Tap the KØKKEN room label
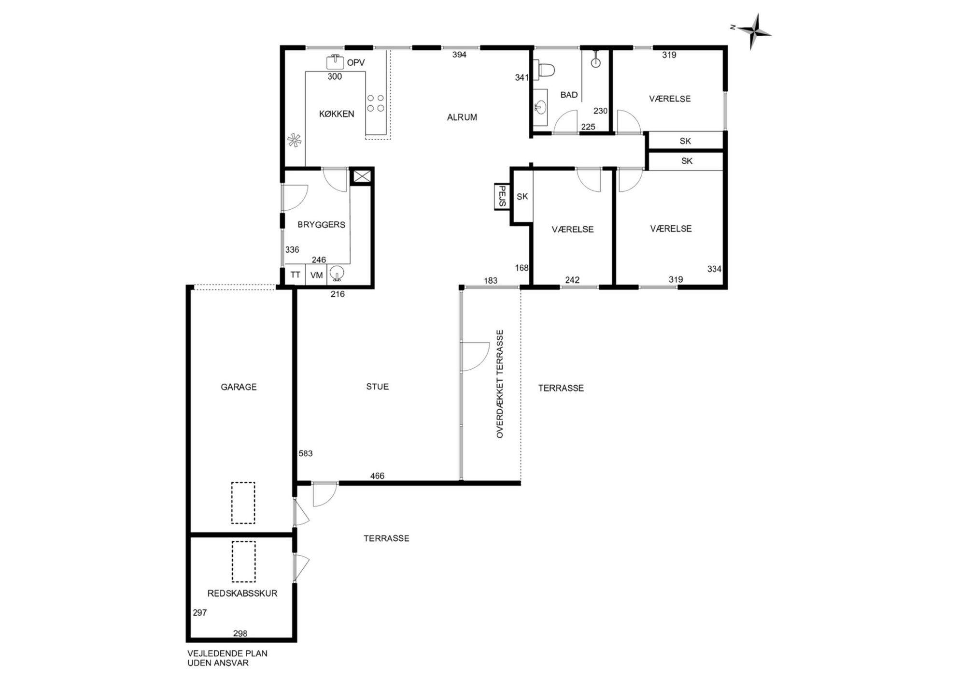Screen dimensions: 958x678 tap(337, 114)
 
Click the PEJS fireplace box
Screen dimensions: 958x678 tap(502, 196)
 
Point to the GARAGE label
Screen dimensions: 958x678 tap(239, 387)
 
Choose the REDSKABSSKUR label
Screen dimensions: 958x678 tap(242, 593)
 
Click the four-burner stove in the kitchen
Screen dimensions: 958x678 tap(376, 103)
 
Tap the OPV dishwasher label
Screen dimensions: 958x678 tap(356, 63)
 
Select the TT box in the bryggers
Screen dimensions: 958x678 tap(295, 275)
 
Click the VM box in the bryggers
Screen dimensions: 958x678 tap(316, 275)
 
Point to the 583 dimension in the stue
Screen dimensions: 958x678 tap(306, 454)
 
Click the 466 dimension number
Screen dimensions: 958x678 tap(377, 476)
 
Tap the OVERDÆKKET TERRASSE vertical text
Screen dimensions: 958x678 tap(500, 384)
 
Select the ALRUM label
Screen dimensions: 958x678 tap(462, 117)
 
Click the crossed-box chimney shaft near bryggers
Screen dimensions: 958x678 tap(361, 176)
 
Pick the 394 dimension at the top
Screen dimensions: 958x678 tap(459, 55)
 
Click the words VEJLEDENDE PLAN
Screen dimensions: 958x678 tap(227, 653)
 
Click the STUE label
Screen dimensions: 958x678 tap(377, 387)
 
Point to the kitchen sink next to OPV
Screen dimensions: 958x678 tap(335, 62)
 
